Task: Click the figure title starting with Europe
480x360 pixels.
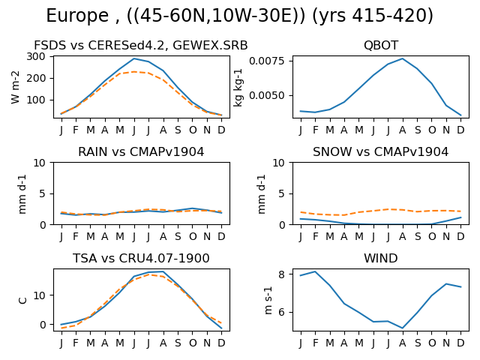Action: click(x=240, y=15)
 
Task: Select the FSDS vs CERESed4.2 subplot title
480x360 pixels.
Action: click(x=140, y=45)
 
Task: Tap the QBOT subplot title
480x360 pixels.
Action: click(x=381, y=45)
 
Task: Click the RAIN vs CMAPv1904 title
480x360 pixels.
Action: click(x=141, y=151)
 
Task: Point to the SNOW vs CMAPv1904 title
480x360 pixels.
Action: click(x=380, y=151)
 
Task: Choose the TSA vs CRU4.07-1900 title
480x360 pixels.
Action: click(x=141, y=258)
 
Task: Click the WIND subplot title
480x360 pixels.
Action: click(x=381, y=258)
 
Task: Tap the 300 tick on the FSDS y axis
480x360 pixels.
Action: click(x=35, y=56)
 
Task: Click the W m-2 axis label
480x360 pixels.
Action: click(x=15, y=87)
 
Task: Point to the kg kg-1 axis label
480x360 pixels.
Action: click(x=238, y=88)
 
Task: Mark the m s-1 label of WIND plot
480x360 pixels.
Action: click(x=268, y=301)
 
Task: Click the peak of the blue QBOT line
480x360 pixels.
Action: click(x=403, y=58)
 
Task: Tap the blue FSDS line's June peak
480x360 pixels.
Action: click(x=134, y=58)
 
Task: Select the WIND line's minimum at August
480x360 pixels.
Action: click(x=403, y=328)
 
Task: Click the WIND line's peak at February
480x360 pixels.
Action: click(x=315, y=271)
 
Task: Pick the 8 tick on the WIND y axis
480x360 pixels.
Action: click(x=281, y=274)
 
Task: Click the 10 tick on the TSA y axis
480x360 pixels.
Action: click(x=39, y=295)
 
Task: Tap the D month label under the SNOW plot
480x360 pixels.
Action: click(x=460, y=236)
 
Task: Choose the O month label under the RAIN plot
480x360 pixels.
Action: click(x=193, y=236)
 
